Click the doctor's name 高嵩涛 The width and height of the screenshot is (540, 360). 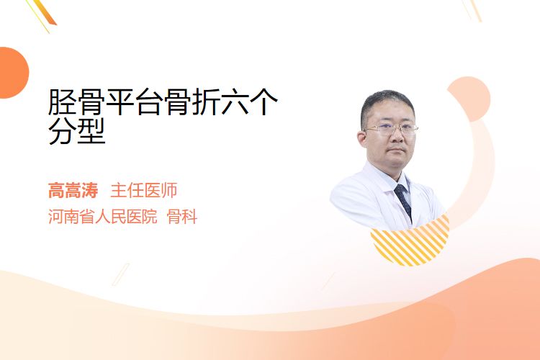[73, 190]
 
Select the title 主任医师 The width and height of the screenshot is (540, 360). [144, 190]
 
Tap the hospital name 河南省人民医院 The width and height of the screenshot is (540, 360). [103, 216]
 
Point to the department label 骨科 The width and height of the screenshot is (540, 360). [182, 216]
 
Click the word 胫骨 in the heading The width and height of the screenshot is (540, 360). [76, 102]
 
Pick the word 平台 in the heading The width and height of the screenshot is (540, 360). [135, 102]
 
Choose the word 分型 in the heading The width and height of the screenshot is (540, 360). [76, 131]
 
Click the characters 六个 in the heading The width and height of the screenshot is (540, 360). [249, 102]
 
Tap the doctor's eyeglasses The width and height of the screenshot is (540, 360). [391, 129]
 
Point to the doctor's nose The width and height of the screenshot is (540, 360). [397, 135]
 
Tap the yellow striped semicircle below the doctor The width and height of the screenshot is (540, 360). [410, 246]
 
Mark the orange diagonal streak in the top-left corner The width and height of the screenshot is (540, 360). [45, 14]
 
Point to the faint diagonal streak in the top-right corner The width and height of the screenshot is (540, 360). [473, 10]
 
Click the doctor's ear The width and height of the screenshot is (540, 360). [361, 138]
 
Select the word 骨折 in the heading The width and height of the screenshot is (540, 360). [192, 102]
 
